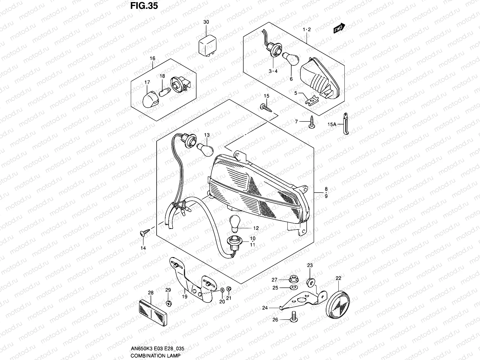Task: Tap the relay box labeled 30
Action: click(x=207, y=46)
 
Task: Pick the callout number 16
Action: click(x=152, y=58)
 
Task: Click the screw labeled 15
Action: click(x=265, y=108)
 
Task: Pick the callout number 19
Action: click(x=184, y=296)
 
